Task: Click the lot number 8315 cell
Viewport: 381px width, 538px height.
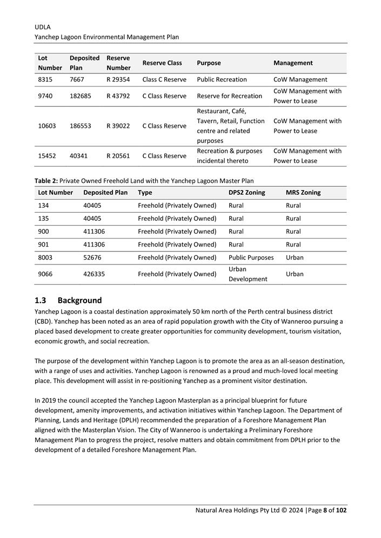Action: click(46, 79)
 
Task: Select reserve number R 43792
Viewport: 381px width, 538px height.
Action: click(118, 96)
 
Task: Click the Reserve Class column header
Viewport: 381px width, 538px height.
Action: click(162, 63)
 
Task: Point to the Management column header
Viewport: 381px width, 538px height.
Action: click(293, 63)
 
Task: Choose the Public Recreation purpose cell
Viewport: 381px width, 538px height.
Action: click(222, 79)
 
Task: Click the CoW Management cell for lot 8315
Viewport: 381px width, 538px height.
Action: click(300, 79)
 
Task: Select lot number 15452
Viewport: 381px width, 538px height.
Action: click(47, 156)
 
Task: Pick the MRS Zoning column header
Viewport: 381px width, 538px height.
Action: click(303, 193)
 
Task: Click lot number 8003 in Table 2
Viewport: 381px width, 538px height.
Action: click(45, 257)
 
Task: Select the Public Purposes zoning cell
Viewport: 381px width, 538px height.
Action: click(251, 257)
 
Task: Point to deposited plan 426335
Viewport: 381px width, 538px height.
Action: click(94, 274)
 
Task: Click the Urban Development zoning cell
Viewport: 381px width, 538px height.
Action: click(248, 274)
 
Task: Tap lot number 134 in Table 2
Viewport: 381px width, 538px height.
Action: click(43, 206)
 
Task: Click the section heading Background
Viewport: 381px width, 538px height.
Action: click(79, 300)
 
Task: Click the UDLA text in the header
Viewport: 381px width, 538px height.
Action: click(43, 26)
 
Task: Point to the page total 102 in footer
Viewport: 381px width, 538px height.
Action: click(341, 510)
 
